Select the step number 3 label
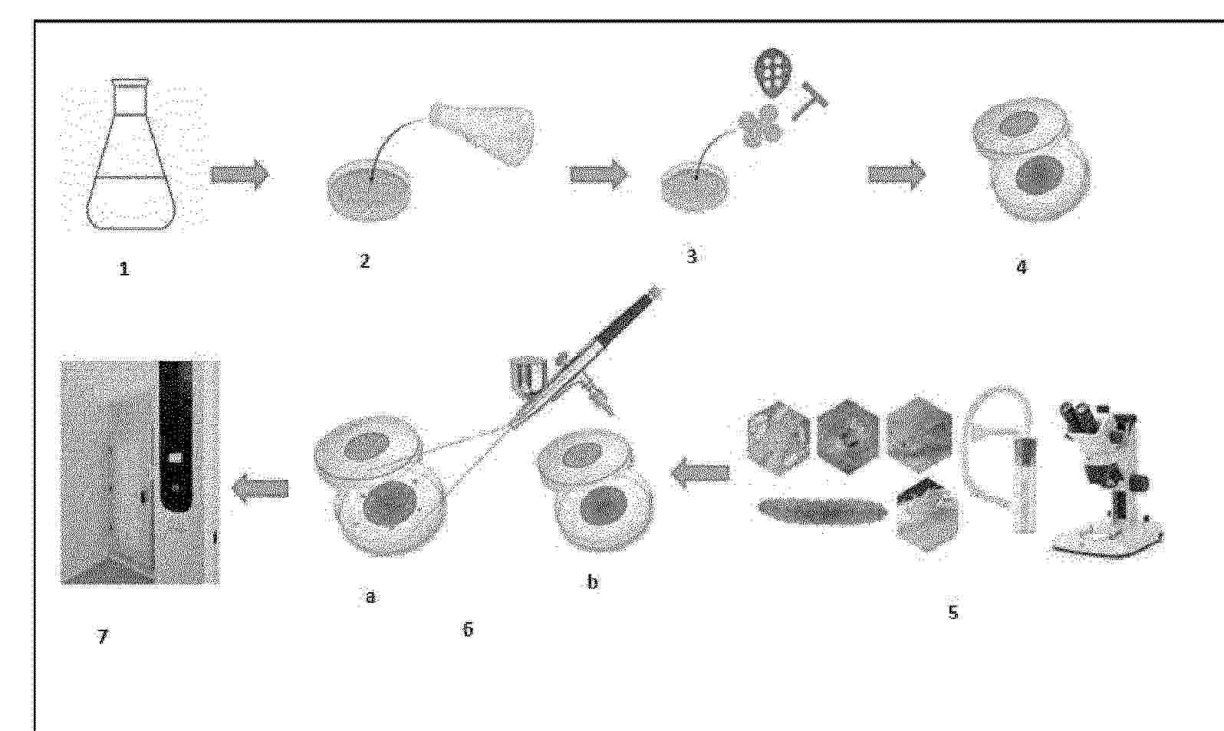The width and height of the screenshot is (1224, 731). (692, 257)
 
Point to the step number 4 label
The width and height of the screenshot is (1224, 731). (1021, 267)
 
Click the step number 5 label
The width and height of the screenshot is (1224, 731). (953, 613)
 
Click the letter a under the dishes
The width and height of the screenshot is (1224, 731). (370, 598)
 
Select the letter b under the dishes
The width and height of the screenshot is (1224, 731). (592, 582)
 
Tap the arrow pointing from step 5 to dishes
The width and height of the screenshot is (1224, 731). (701, 472)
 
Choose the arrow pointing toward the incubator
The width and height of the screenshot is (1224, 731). (259, 488)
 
